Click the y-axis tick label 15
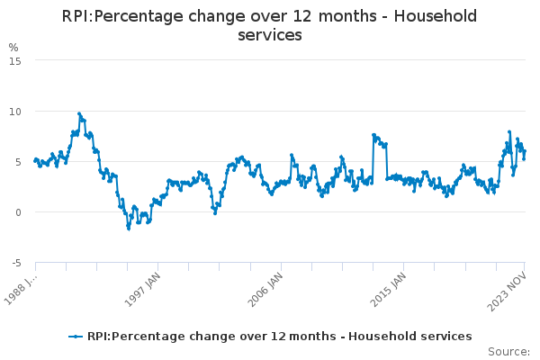point(15,60)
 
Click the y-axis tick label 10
point(15,111)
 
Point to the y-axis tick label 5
point(18,162)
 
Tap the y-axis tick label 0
point(18,212)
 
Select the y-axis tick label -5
point(15,263)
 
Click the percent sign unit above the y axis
point(13,47)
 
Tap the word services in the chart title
point(270,35)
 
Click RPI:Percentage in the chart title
point(122,16)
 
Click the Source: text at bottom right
point(508,351)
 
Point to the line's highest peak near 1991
point(79,113)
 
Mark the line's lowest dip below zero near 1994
point(128,229)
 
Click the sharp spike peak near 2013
point(373,135)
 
